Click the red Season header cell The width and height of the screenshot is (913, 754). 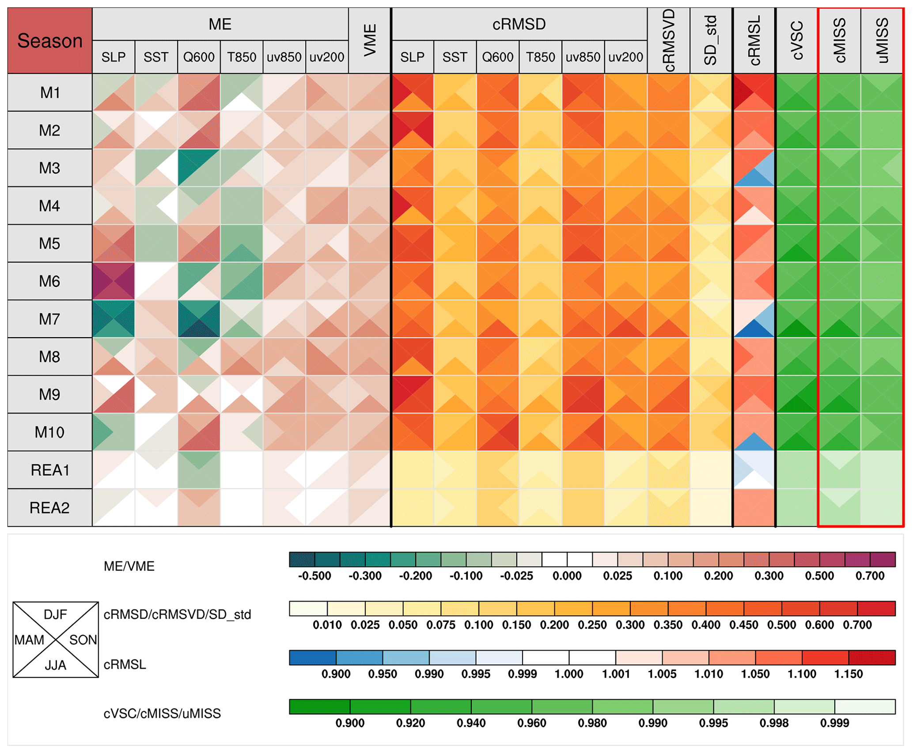click(49, 41)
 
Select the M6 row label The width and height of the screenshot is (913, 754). click(49, 282)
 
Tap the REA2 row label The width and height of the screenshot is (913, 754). click(49, 508)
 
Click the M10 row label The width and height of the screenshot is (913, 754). click(49, 432)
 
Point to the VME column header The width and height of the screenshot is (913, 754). click(370, 40)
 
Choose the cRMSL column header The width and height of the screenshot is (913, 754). click(754, 40)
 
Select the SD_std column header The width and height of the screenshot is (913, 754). click(711, 40)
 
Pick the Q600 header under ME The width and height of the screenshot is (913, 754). click(199, 57)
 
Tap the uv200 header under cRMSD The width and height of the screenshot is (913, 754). click(625, 57)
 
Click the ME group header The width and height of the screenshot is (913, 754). click(220, 24)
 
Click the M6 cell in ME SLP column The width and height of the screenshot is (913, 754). click(114, 282)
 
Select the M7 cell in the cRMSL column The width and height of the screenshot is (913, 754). click(754, 319)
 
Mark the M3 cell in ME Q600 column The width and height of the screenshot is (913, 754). click(199, 168)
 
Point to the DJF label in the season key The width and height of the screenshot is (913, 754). click(55, 614)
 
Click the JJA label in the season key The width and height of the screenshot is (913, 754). click(55, 665)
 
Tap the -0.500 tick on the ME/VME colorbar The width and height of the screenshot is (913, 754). click(314, 576)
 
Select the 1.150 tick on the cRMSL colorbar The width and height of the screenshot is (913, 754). click(848, 674)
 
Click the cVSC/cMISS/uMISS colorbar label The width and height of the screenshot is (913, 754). click(162, 713)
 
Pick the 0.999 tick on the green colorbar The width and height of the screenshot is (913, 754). click(834, 723)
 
